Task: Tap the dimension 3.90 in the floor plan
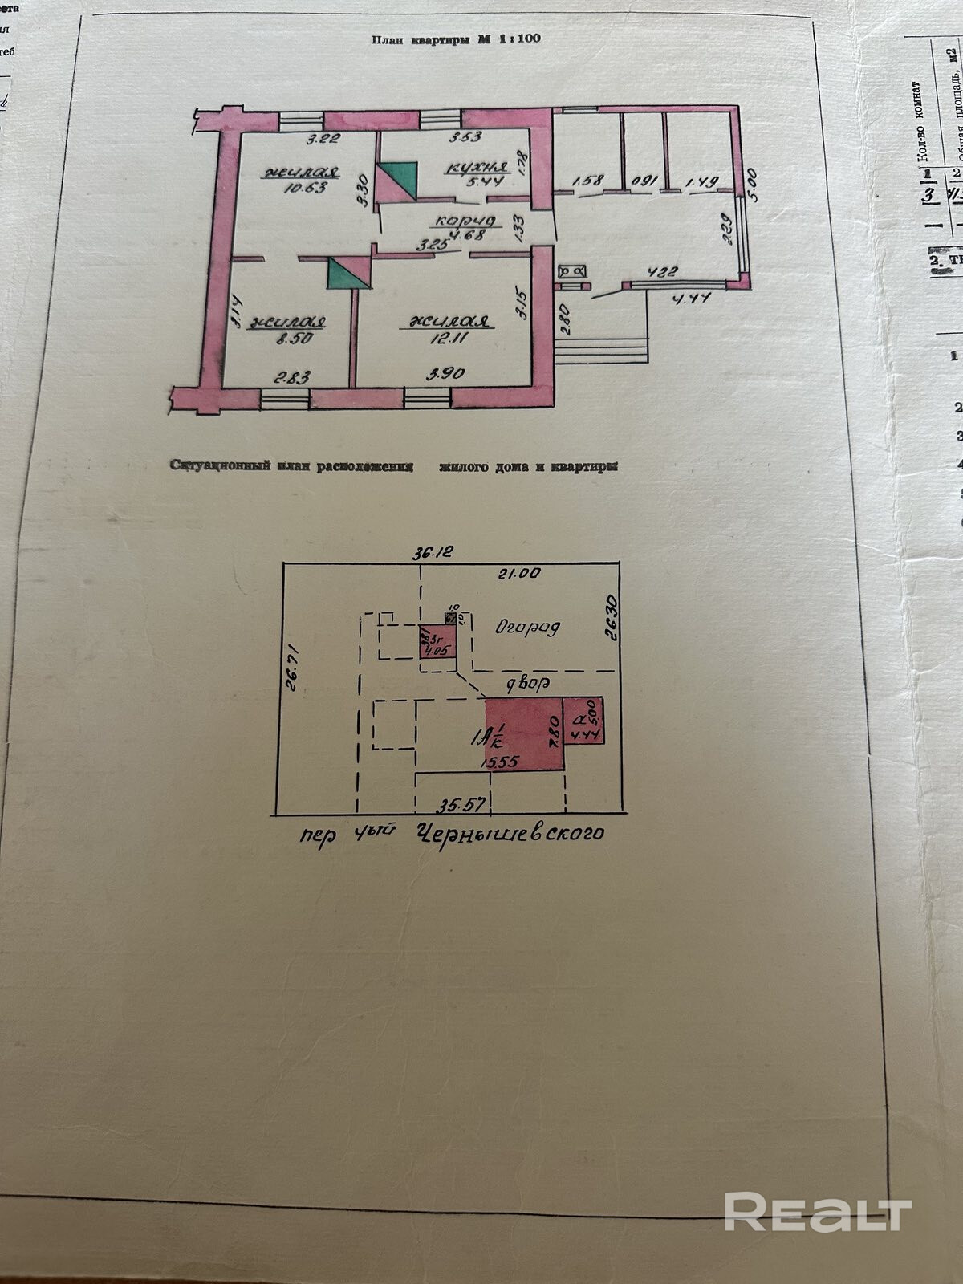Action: tap(445, 375)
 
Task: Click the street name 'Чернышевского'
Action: tap(510, 833)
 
